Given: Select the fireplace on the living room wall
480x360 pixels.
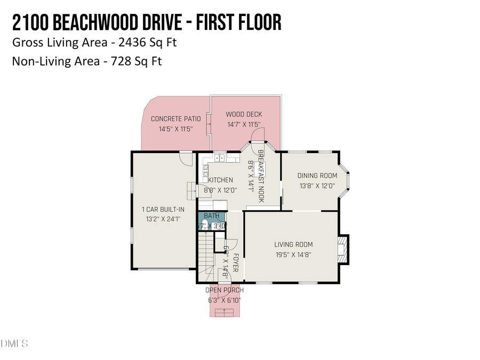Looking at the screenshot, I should point(343,249).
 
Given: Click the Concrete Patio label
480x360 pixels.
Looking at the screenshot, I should point(175,119).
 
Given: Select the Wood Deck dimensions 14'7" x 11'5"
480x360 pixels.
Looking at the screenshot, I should point(244,124).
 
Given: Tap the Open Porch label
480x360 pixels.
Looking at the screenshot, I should point(225,290).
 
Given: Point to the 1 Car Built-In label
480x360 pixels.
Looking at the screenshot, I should point(163,209).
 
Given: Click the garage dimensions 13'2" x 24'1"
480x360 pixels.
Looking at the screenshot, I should point(163,219).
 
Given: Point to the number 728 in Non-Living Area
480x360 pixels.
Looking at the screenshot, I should point(121,61).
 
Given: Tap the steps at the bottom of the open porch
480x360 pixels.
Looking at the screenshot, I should point(224,311).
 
